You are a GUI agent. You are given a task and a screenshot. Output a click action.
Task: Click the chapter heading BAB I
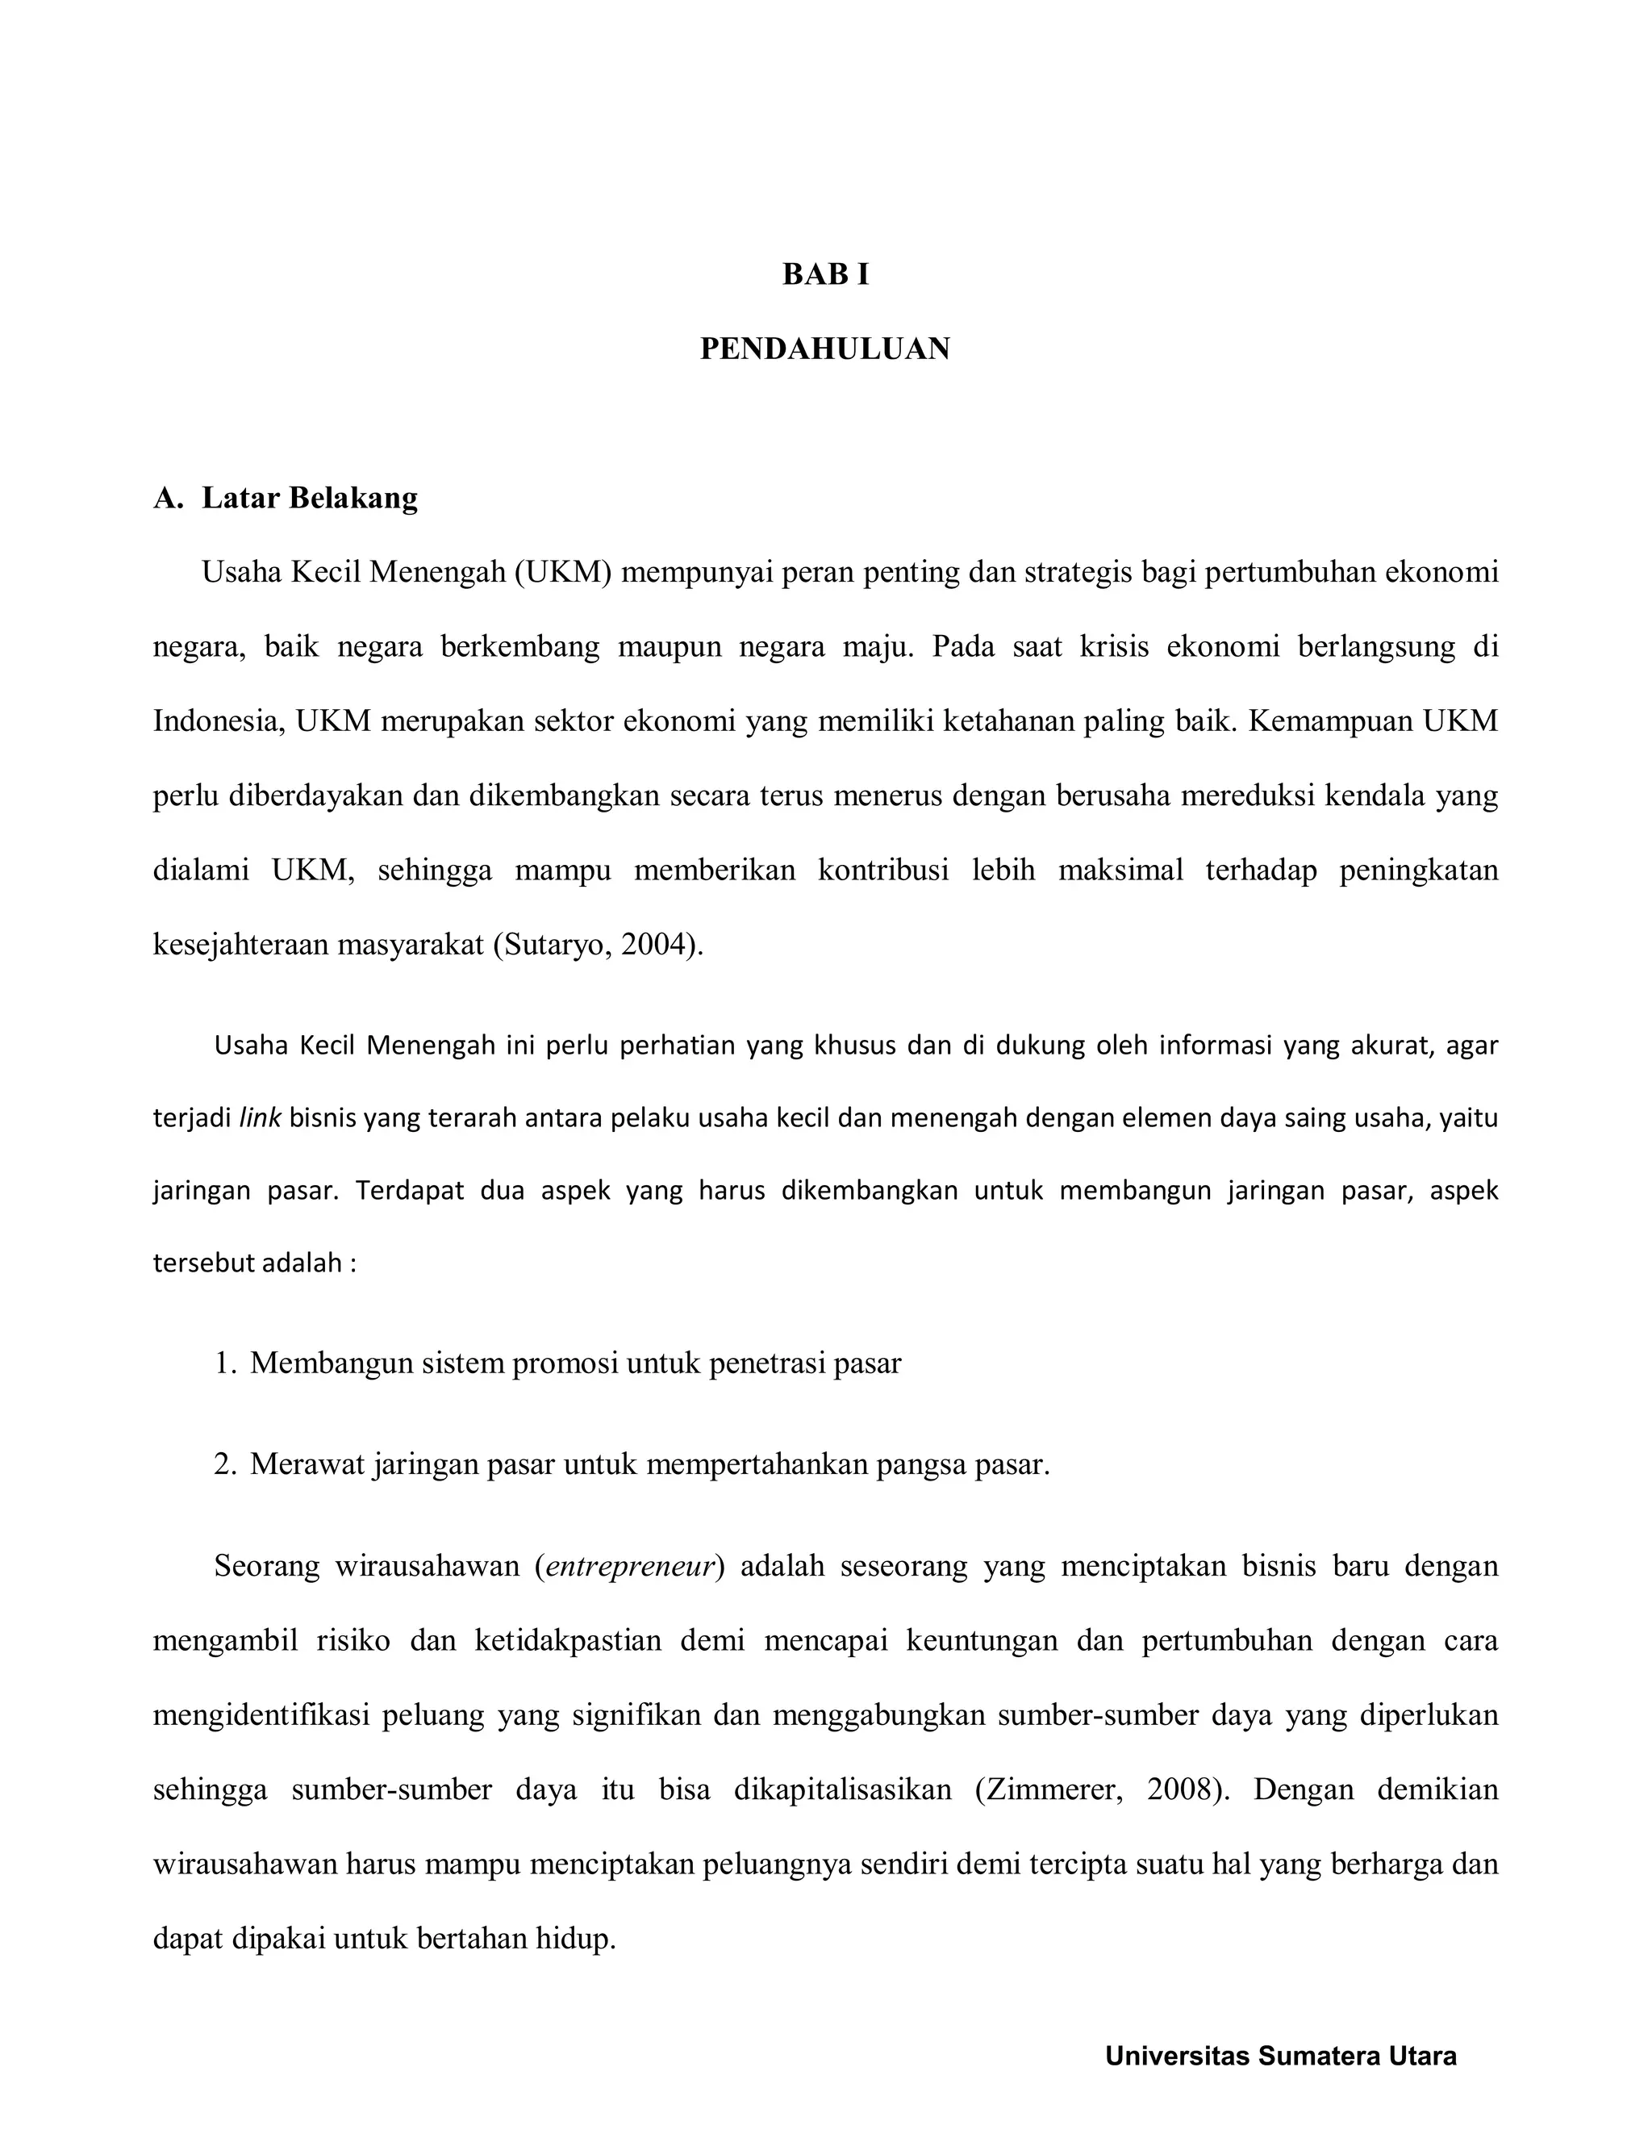pos(825,275)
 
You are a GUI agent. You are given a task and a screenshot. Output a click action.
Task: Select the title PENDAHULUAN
pos(825,349)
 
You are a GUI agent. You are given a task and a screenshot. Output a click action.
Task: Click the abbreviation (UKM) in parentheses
pos(563,572)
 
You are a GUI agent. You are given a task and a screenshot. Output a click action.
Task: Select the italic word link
pos(261,1118)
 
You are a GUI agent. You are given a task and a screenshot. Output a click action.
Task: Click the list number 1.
pos(225,1363)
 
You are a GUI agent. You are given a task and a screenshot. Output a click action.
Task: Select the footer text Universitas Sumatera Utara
pos(1280,2056)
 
